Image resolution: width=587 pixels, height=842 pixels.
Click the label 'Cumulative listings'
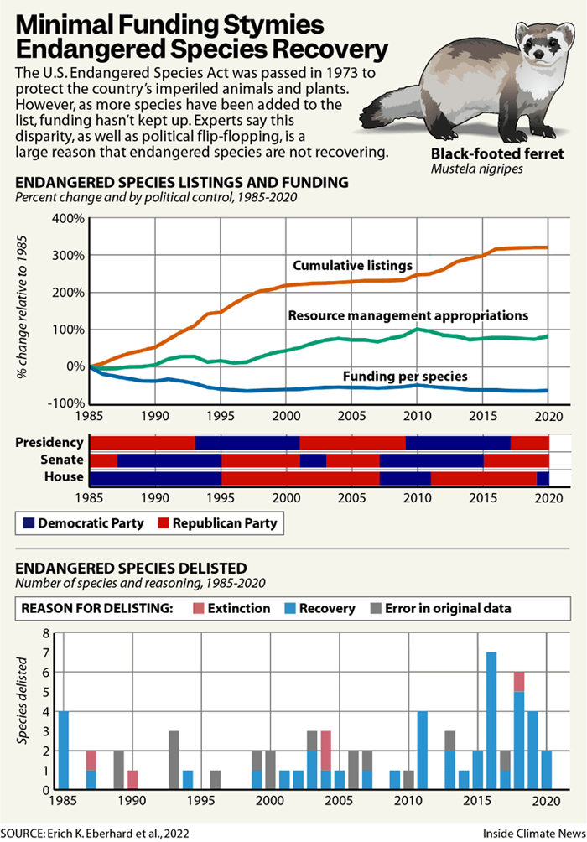point(352,266)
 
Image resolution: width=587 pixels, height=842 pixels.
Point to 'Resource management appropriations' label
point(408,316)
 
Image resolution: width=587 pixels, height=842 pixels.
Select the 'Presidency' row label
point(55,443)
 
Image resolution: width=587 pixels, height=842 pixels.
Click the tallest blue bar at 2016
point(491,720)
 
